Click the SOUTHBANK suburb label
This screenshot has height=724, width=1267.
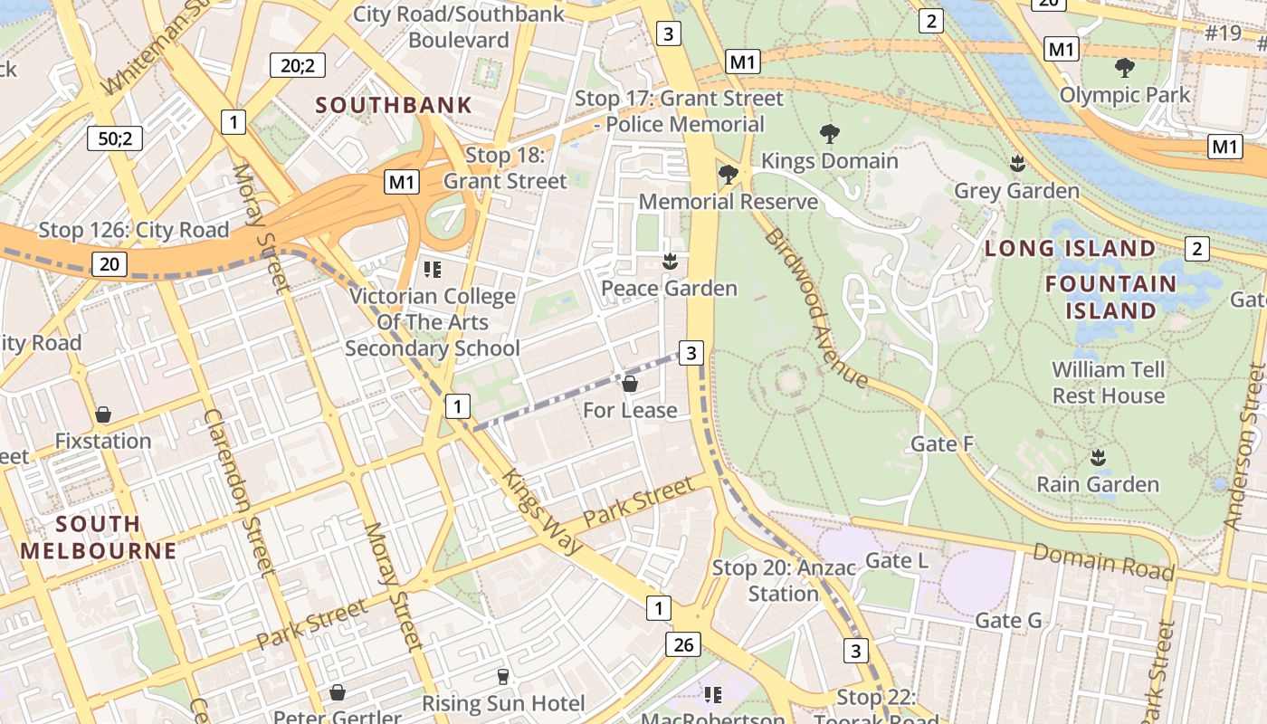[394, 105]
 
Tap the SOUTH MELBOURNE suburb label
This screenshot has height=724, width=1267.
[99, 537]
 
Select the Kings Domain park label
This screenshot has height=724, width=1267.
[829, 161]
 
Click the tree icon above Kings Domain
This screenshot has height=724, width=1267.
[829, 135]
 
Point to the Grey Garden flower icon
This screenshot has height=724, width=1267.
[1017, 165]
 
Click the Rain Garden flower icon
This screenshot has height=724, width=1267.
[1098, 458]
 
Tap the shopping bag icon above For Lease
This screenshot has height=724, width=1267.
[630, 384]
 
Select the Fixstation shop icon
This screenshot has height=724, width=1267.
[103, 415]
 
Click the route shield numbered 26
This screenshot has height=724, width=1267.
[683, 644]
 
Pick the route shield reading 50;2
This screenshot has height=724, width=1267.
[115, 138]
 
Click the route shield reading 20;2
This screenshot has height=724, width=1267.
[297, 64]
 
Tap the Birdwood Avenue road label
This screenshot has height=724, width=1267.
[816, 308]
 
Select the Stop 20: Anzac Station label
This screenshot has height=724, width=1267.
[783, 581]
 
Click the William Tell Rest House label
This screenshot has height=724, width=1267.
[1108, 383]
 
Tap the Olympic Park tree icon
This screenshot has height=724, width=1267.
[1125, 68]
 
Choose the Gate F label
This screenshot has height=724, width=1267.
[942, 443]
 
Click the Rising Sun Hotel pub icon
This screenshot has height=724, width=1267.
[503, 676]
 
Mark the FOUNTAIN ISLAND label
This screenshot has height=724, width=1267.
[1110, 297]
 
